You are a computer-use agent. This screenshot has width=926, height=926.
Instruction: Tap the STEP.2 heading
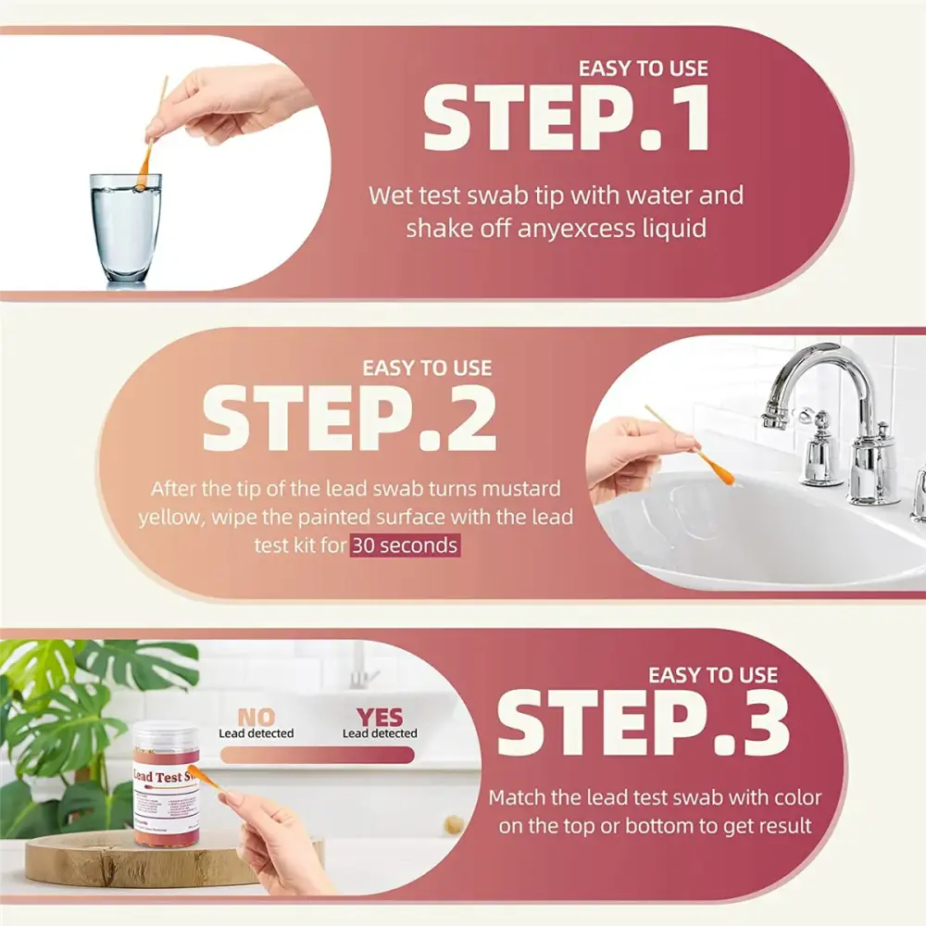click(349, 418)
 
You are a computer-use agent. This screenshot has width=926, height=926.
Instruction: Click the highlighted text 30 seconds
click(404, 545)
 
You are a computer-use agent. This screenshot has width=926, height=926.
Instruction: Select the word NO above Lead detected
click(256, 716)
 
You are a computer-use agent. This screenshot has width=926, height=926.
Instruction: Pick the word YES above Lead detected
click(380, 716)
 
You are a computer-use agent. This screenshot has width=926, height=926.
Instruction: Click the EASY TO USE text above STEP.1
click(643, 69)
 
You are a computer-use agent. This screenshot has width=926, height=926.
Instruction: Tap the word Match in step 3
click(518, 797)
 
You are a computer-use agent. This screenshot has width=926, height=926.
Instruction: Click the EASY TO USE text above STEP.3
click(713, 675)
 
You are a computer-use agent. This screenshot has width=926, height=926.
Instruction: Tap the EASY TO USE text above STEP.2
click(427, 369)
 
